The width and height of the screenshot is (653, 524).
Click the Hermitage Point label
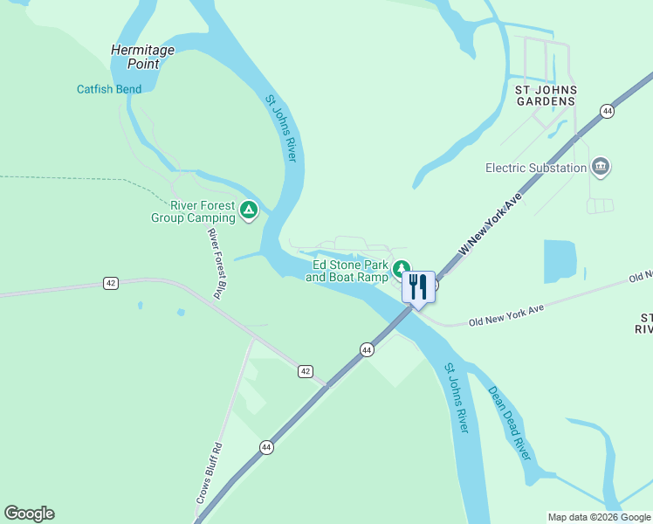pyautogui.click(x=141, y=57)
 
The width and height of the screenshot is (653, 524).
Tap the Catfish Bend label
pyautogui.click(x=110, y=89)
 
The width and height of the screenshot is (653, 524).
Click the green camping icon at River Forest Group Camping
pyautogui.click(x=249, y=210)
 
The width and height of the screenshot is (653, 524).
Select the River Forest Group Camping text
pyautogui.click(x=191, y=211)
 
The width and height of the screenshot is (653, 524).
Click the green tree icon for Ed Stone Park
pyautogui.click(x=401, y=269)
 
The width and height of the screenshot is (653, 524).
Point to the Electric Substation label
pyautogui.click(x=536, y=168)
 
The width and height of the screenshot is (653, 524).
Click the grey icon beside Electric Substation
pyautogui.click(x=601, y=166)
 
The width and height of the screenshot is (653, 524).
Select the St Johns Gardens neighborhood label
pyautogui.click(x=546, y=95)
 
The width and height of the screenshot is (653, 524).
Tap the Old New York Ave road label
pyautogui.click(x=505, y=314)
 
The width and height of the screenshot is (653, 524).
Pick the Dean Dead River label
pyautogui.click(x=509, y=423)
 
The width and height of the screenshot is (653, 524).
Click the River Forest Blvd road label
pyautogui.click(x=217, y=261)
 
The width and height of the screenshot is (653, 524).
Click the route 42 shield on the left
pyautogui.click(x=110, y=283)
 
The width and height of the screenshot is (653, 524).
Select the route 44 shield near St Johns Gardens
pyautogui.click(x=607, y=111)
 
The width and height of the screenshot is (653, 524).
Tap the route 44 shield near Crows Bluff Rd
pyautogui.click(x=265, y=446)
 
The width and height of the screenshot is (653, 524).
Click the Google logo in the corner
pyautogui.click(x=29, y=514)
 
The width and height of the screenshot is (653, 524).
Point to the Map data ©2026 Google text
pyautogui.click(x=598, y=517)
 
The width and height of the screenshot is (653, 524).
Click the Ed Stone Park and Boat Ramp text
pyautogui.click(x=347, y=271)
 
